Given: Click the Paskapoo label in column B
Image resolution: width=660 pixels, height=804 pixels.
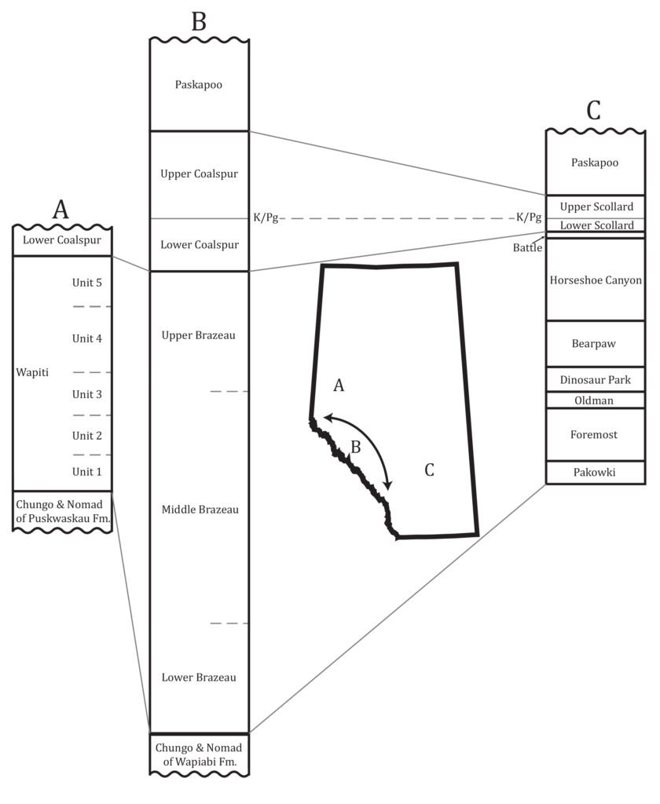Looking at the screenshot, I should tap(199, 85).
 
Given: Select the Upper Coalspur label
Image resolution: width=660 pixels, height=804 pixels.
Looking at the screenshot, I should tap(199, 174).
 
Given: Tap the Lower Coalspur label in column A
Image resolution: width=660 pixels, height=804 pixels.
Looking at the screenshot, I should tap(62, 240).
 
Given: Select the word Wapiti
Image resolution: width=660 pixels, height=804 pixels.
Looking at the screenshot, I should tap(32, 372).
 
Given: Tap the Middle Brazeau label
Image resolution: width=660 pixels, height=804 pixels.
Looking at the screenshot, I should tap(199, 510).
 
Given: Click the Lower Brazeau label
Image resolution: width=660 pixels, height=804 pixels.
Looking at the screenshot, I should tap(199, 677).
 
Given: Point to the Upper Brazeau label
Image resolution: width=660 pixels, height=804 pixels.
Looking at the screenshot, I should tap(199, 335).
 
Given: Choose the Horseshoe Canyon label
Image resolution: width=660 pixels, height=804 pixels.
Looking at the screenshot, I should tap(596, 280).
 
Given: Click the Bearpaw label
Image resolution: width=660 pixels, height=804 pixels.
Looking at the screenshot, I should tap(596, 343).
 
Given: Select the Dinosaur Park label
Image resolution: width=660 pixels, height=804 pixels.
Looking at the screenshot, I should tap(596, 380).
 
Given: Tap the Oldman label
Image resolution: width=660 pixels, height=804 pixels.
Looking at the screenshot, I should tap(596, 400).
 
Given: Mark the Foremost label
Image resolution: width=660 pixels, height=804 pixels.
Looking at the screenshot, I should tap(596, 434).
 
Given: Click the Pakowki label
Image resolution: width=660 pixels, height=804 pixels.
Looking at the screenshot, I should tap(596, 473).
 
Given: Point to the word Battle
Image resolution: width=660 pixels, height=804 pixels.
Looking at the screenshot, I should tap(528, 248).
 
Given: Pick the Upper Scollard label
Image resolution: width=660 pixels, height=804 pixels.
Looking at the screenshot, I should tap(596, 206).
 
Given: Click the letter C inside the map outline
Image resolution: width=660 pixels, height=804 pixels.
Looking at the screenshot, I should tap(429, 470).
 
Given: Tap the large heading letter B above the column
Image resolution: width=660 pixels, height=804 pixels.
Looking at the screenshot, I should tap(199, 21).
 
